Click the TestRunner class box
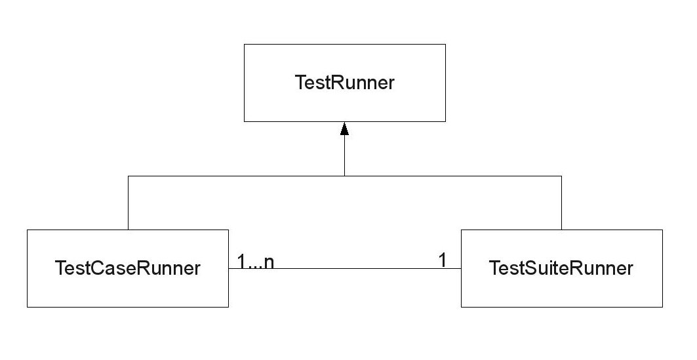click(x=344, y=83)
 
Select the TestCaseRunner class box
click(x=128, y=268)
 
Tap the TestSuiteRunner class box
click(x=561, y=268)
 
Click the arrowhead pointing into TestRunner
click(x=344, y=129)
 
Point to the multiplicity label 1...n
click(x=256, y=261)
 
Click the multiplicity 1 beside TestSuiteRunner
click(x=443, y=260)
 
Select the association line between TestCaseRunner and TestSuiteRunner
click(x=354, y=268)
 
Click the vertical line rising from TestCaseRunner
click(x=128, y=203)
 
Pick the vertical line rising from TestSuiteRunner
click(x=561, y=203)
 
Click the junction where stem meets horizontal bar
click(x=344, y=176)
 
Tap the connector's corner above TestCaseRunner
click(x=128, y=176)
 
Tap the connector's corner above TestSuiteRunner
click(x=561, y=176)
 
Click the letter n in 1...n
click(x=269, y=262)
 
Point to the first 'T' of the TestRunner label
click(x=300, y=83)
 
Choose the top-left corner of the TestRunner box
click(x=245, y=45)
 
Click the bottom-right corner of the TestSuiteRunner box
click(x=662, y=307)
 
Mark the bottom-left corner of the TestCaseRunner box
click(x=28, y=307)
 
